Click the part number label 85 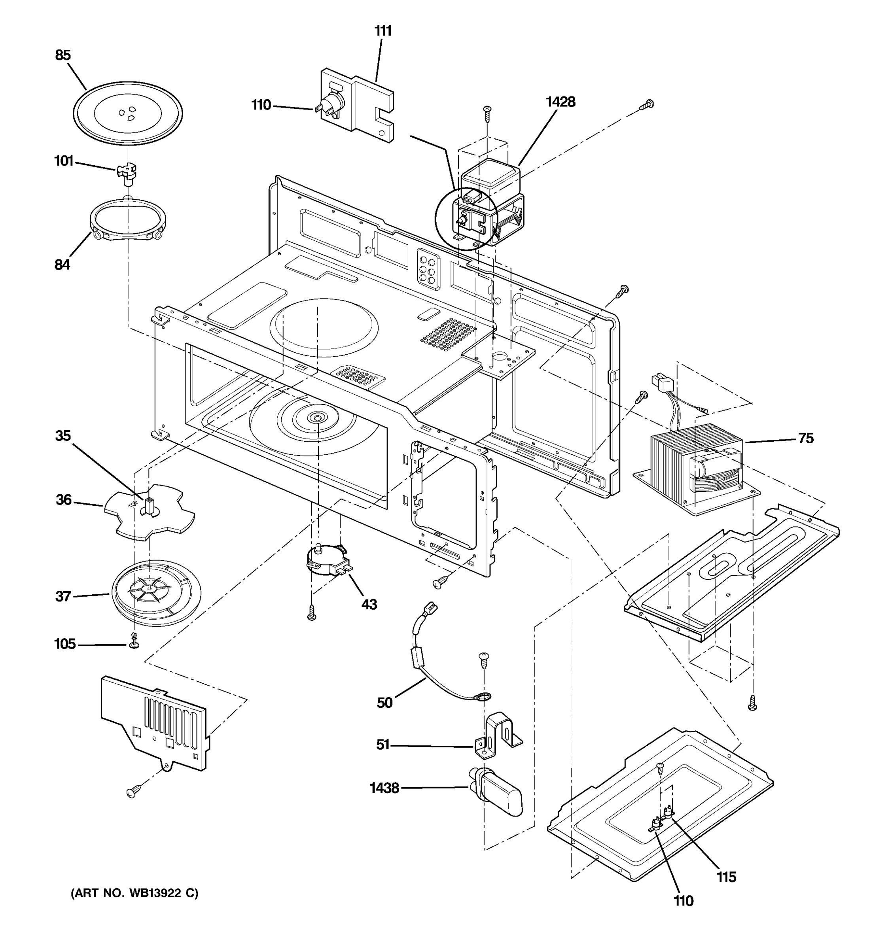pyautogui.click(x=62, y=55)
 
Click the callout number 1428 pyautogui.click(x=560, y=102)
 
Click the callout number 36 pyautogui.click(x=64, y=500)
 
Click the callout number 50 pyautogui.click(x=384, y=703)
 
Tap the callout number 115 pyautogui.click(x=726, y=877)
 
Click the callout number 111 pyautogui.click(x=383, y=31)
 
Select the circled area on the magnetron pyautogui.click(x=466, y=219)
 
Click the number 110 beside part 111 pyautogui.click(x=261, y=104)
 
